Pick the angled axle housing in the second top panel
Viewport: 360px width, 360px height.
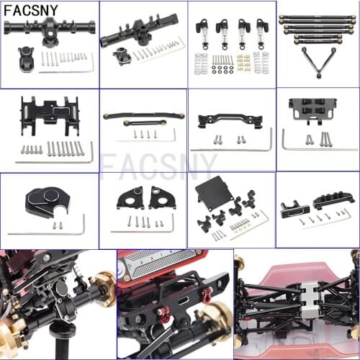[x=140, y=32]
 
